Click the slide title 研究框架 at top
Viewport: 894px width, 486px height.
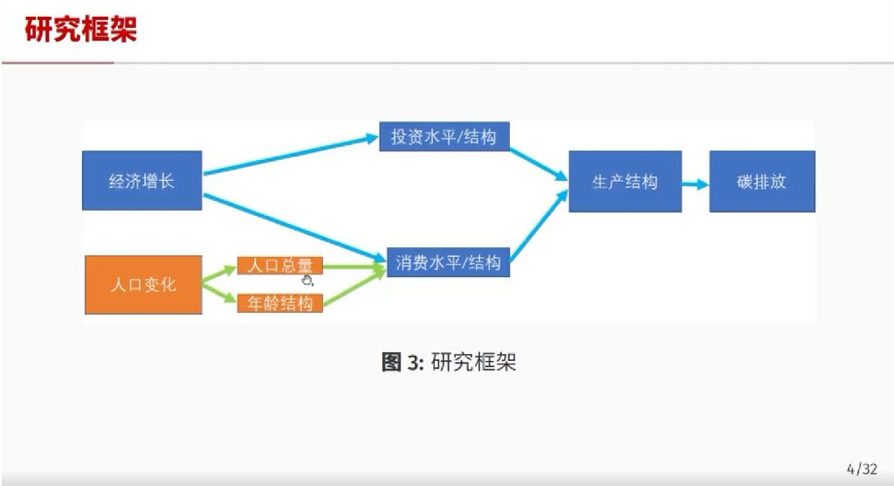tap(81, 30)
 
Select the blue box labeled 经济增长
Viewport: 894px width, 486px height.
tap(141, 181)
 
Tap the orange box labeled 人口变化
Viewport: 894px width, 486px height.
tap(143, 285)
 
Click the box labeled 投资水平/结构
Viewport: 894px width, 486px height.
tap(444, 137)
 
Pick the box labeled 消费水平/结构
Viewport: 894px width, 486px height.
tap(448, 262)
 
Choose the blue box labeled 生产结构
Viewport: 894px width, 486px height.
tap(625, 182)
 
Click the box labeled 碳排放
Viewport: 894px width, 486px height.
tap(761, 182)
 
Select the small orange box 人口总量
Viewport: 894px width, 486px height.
tap(279, 266)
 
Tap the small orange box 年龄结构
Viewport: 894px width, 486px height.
tap(279, 304)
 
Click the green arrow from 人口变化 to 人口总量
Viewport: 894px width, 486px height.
tap(219, 274)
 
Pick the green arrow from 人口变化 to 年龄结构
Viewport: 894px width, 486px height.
tap(219, 295)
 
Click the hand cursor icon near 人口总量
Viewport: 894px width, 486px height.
tap(307, 280)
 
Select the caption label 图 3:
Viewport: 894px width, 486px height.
tap(402, 363)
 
